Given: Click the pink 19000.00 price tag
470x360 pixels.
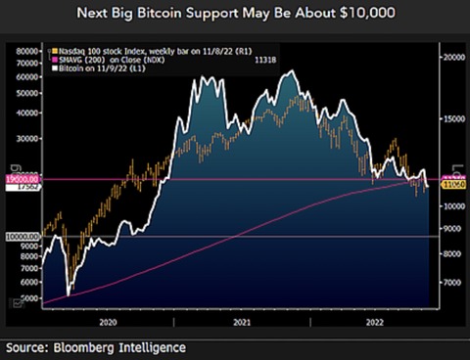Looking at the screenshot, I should coord(21,179).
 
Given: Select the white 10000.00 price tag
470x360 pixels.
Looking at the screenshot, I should coord(21,237).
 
